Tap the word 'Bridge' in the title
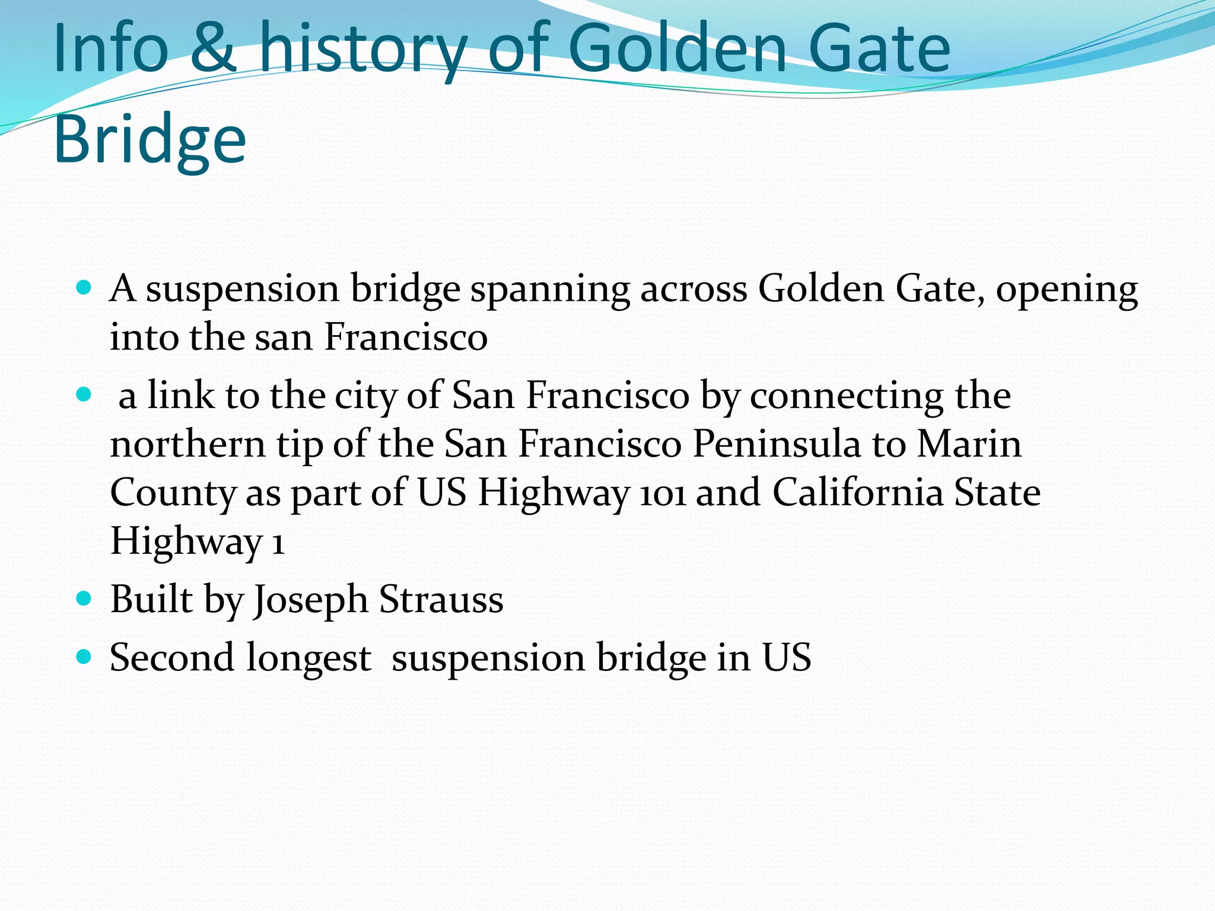pyautogui.click(x=150, y=140)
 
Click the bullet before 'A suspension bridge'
pyautogui.click(x=84, y=288)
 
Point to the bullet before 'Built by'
pyautogui.click(x=84, y=598)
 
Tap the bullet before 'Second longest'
pyautogui.click(x=84, y=657)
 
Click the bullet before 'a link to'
pyautogui.click(x=84, y=394)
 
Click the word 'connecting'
pyautogui.click(x=847, y=397)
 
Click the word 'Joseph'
pyautogui.click(x=311, y=600)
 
